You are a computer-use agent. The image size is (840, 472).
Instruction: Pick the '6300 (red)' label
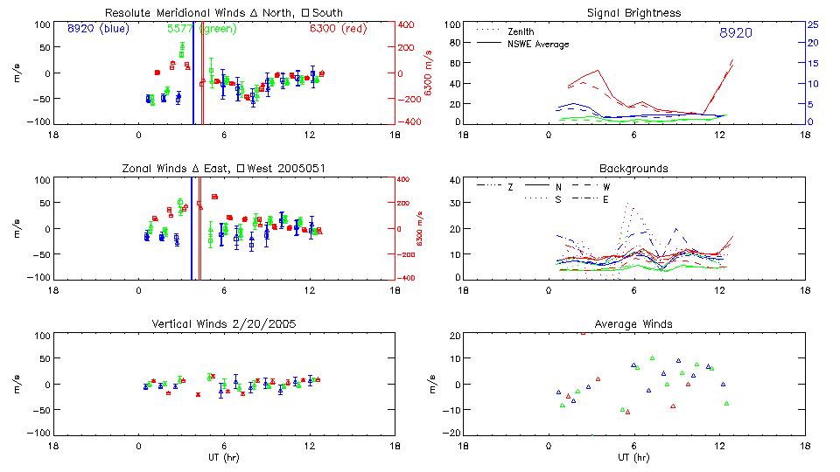tap(338, 29)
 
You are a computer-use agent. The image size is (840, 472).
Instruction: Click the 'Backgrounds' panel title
tap(633, 168)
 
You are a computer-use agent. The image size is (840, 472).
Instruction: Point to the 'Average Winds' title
tap(633, 323)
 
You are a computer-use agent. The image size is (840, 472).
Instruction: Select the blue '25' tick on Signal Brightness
tap(812, 24)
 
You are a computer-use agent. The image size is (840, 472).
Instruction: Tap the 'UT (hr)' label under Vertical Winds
tap(225, 458)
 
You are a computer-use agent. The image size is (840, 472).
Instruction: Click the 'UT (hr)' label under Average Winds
tap(633, 458)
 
